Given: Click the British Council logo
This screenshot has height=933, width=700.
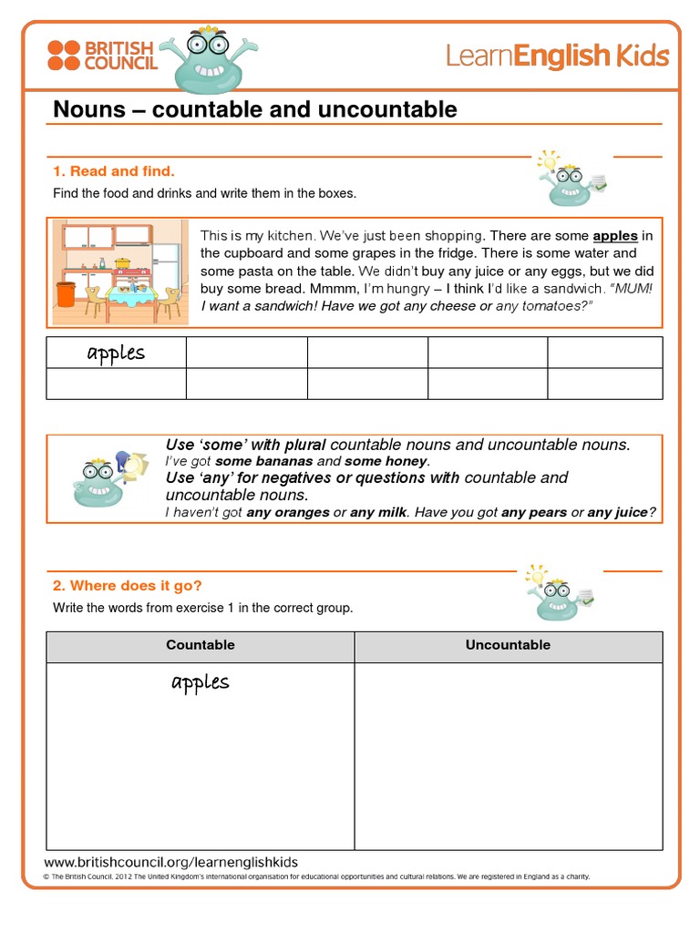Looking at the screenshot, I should (102, 55).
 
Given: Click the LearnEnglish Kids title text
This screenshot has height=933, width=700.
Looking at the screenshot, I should (557, 56).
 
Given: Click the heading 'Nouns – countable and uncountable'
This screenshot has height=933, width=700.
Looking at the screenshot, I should (255, 110).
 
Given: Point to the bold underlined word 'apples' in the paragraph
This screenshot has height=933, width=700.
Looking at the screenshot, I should (615, 236).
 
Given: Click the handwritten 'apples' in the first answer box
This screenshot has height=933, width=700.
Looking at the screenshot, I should (116, 353).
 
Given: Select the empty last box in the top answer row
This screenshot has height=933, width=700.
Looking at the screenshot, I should (604, 353).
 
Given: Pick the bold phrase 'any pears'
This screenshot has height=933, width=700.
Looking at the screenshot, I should (534, 513).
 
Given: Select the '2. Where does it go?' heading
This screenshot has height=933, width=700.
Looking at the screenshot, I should (128, 586).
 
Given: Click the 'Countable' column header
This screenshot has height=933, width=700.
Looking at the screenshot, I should (201, 645).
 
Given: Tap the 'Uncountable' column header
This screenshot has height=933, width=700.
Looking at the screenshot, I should (508, 645).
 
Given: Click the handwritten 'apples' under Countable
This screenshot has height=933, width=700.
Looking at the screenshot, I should (201, 682).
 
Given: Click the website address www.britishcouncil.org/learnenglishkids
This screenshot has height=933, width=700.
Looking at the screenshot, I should (171, 862).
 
